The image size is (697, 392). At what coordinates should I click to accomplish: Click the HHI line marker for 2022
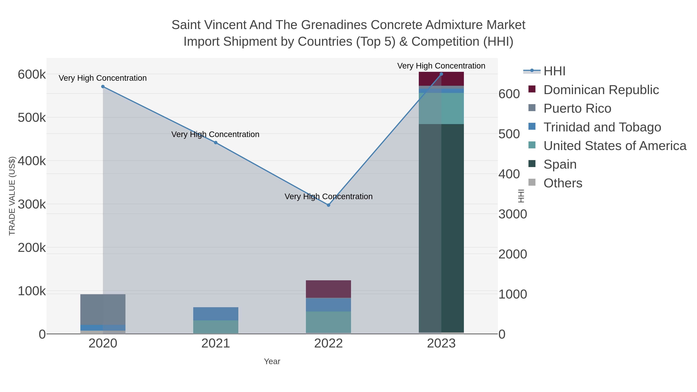coord(329,205)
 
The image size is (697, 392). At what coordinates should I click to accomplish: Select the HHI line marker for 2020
coord(103,87)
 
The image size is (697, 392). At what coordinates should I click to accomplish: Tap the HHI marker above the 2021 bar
coord(216,142)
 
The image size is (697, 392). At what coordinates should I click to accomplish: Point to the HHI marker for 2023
coord(441,74)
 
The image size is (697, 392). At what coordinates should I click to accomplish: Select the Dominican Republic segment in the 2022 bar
coord(329,289)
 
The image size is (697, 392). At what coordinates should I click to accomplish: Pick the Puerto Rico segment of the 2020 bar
coord(103,309)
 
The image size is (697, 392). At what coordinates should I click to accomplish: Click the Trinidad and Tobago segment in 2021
coord(216,314)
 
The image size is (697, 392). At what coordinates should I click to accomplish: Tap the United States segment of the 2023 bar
coord(441,108)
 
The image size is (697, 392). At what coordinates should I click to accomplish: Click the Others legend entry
coord(563,183)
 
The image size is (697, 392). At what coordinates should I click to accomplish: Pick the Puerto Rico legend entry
coord(577,108)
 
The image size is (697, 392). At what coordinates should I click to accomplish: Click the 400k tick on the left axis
coord(32,161)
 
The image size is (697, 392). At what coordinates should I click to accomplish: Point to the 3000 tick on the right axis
coord(513,214)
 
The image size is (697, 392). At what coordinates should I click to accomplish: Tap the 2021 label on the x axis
coord(216,344)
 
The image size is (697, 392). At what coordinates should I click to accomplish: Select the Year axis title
coord(272,361)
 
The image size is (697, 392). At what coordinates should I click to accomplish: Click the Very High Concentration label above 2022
coord(329,196)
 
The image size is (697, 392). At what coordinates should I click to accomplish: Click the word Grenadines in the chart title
coord(334,25)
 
